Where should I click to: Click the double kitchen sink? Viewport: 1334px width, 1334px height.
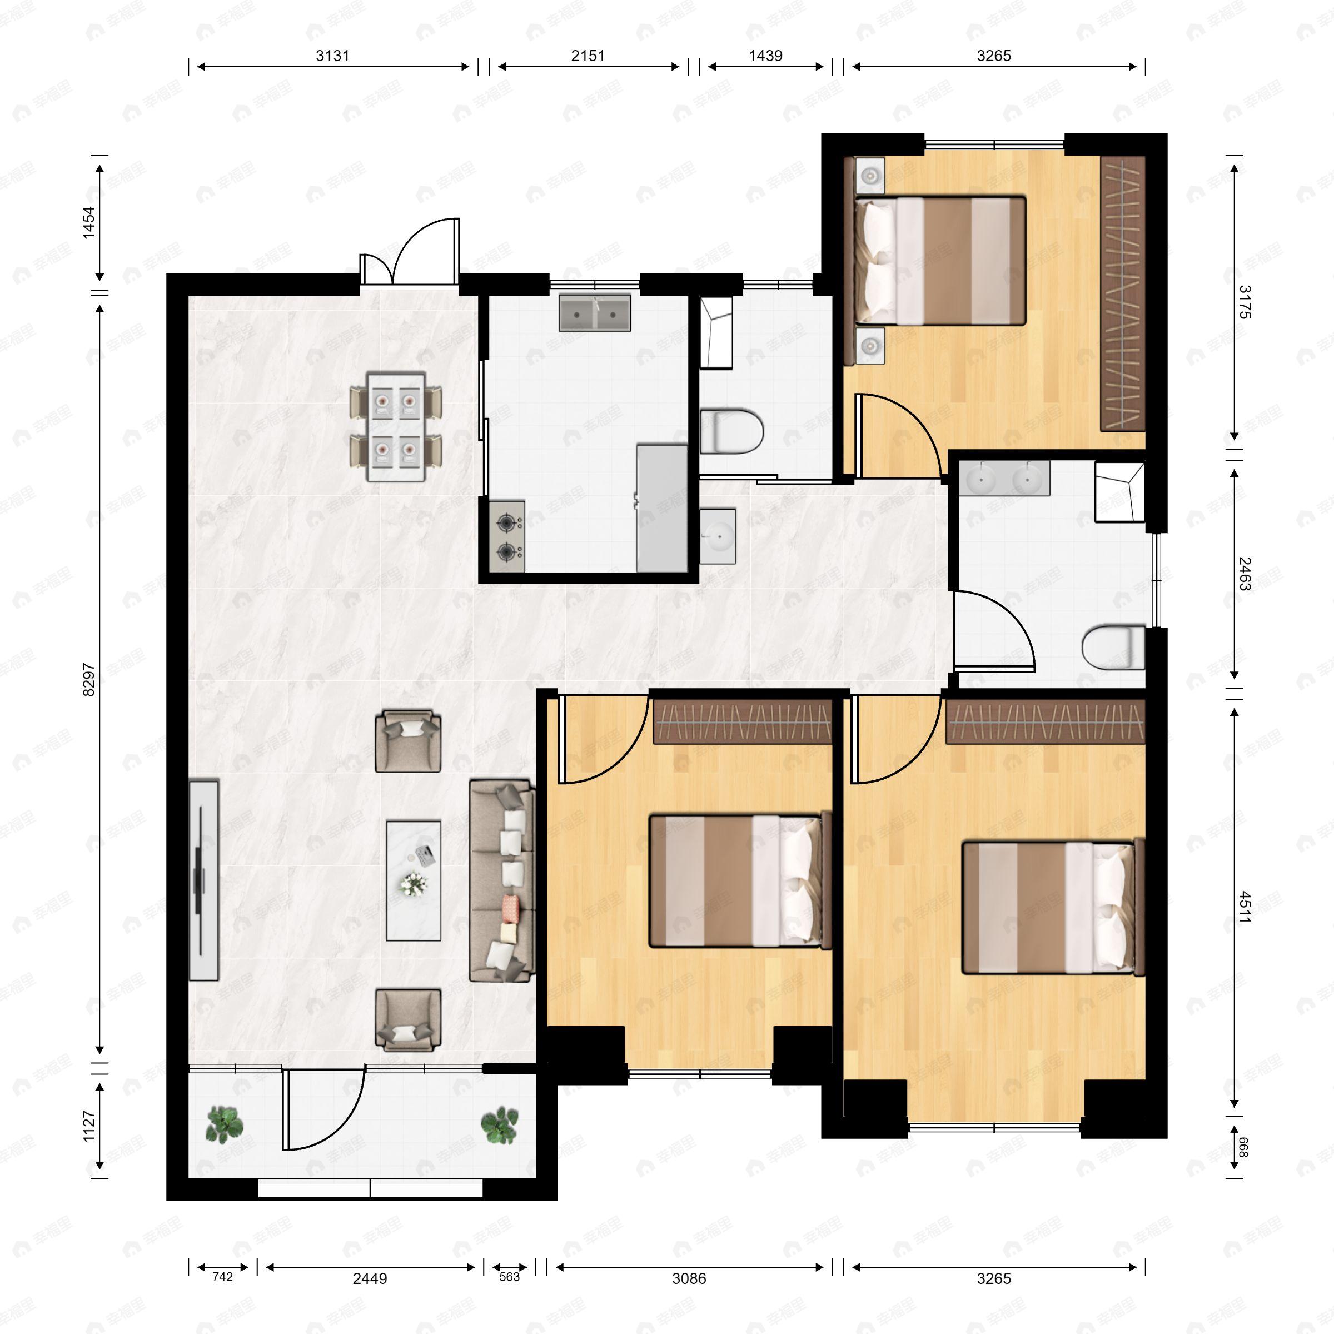pyautogui.click(x=595, y=313)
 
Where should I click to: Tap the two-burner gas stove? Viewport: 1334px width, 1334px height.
pyautogui.click(x=507, y=536)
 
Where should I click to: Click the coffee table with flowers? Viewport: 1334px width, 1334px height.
pyautogui.click(x=413, y=880)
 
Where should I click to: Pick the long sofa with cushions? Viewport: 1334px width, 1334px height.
pyautogui.click(x=502, y=880)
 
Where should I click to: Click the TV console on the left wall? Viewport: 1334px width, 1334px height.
pyautogui.click(x=203, y=880)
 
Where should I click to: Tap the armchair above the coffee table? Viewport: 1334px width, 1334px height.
pyautogui.click(x=407, y=741)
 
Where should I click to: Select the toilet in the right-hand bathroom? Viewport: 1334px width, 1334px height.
pyautogui.click(x=1112, y=648)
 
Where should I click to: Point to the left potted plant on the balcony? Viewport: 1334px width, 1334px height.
pyautogui.click(x=225, y=1124)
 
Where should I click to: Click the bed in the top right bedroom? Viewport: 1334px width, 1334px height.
pyautogui.click(x=940, y=260)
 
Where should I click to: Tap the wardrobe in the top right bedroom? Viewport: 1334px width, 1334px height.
pyautogui.click(x=1122, y=293)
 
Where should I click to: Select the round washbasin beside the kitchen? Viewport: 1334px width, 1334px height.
pyautogui.click(x=718, y=536)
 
